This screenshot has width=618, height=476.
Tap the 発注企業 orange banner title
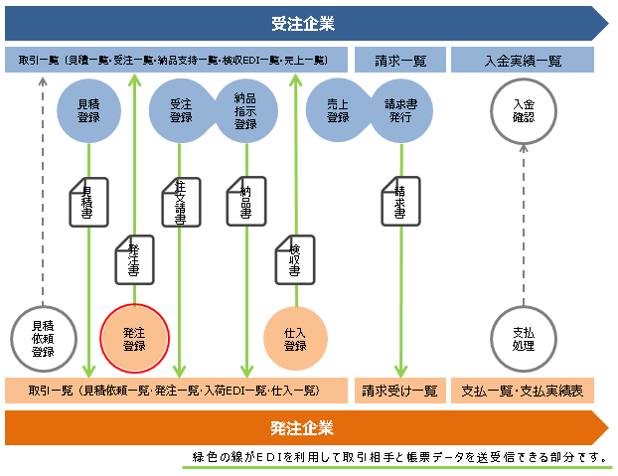click(x=302, y=428)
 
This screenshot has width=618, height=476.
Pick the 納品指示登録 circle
click(x=246, y=110)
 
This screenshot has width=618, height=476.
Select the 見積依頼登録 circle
click(x=43, y=339)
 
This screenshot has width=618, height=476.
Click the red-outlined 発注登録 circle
click(x=134, y=339)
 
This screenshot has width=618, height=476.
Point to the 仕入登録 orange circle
click(x=295, y=339)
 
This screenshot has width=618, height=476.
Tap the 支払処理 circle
click(x=523, y=339)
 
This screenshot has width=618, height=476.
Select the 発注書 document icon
click(x=134, y=259)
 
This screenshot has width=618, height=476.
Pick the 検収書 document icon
click(x=295, y=259)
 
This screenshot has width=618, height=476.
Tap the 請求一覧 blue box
click(x=400, y=61)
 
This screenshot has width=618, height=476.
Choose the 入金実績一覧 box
click(x=523, y=61)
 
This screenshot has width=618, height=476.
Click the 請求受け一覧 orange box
click(x=400, y=391)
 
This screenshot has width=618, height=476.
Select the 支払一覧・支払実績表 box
click(x=523, y=391)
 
